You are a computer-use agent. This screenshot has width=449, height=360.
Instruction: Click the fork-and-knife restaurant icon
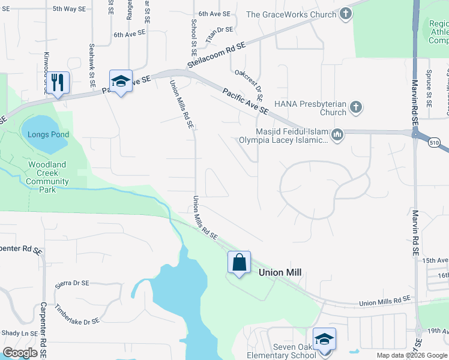point(58,82)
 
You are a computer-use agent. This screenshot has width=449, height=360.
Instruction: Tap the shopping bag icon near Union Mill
point(239,262)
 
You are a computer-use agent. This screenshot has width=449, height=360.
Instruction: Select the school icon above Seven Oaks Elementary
point(324,339)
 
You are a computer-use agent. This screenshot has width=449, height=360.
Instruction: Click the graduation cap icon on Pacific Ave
point(121,82)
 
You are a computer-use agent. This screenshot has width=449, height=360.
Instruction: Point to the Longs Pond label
point(48,134)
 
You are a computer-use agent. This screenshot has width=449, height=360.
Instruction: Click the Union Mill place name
point(279,272)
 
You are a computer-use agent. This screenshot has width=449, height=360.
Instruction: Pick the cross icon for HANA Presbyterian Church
point(356,107)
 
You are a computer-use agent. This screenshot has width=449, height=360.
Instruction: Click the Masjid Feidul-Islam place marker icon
point(337,134)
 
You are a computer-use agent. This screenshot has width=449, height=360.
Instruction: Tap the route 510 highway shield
point(435,142)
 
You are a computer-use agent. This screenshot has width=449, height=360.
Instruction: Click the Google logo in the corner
point(20,352)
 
